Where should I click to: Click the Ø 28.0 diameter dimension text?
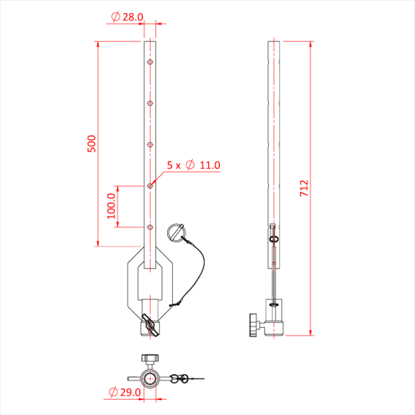pyautogui.click(x=127, y=17)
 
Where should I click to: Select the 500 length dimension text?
pyautogui.click(x=92, y=143)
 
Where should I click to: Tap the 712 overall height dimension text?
pyautogui.click(x=304, y=188)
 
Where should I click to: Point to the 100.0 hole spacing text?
pyautogui.click(x=111, y=206)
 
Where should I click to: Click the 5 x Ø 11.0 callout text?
pyautogui.click(x=193, y=165)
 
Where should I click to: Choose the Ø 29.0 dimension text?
pyautogui.click(x=124, y=392)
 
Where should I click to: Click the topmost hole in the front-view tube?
pyautogui.click(x=150, y=62)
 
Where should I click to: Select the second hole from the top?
pyautogui.click(x=150, y=103)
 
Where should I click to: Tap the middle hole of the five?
pyautogui.click(x=150, y=145)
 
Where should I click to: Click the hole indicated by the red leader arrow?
pyautogui.click(x=150, y=186)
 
